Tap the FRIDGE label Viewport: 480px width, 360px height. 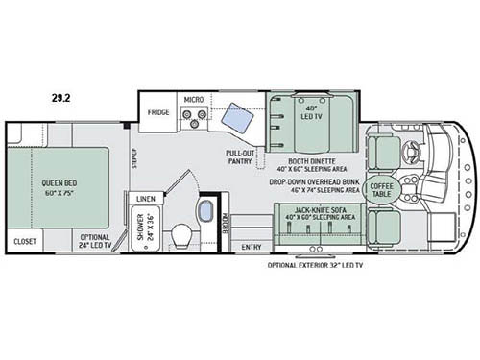[x=158, y=113]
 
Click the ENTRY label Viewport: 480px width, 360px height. [x=252, y=247]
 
